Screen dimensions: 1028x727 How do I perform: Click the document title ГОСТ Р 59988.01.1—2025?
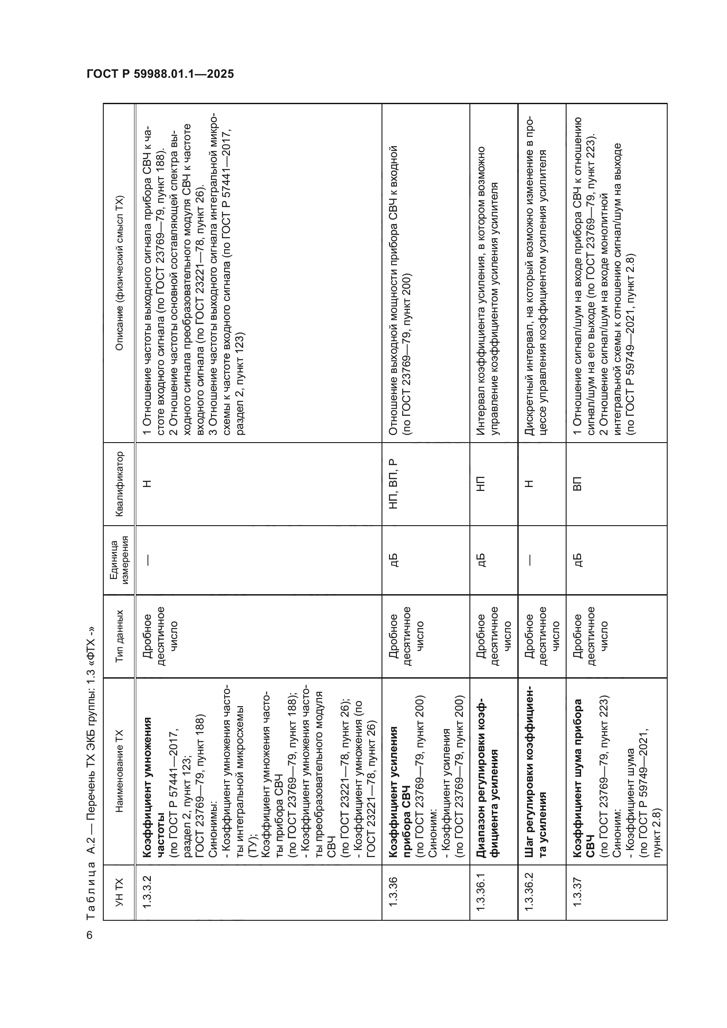tap(160, 74)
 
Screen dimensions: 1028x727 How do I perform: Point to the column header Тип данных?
tap(119, 636)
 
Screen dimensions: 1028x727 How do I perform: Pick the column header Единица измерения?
tap(119, 560)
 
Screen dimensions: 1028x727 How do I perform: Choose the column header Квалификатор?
tap(119, 484)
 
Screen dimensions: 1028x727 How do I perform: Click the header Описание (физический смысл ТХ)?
tap(119, 273)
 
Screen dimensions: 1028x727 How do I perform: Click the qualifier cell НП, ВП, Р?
tap(393, 484)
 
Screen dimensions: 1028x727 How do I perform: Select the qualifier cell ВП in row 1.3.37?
tap(578, 484)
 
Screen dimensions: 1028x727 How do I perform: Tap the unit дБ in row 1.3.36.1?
tap(481, 560)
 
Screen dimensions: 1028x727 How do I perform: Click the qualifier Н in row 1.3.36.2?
tap(529, 484)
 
